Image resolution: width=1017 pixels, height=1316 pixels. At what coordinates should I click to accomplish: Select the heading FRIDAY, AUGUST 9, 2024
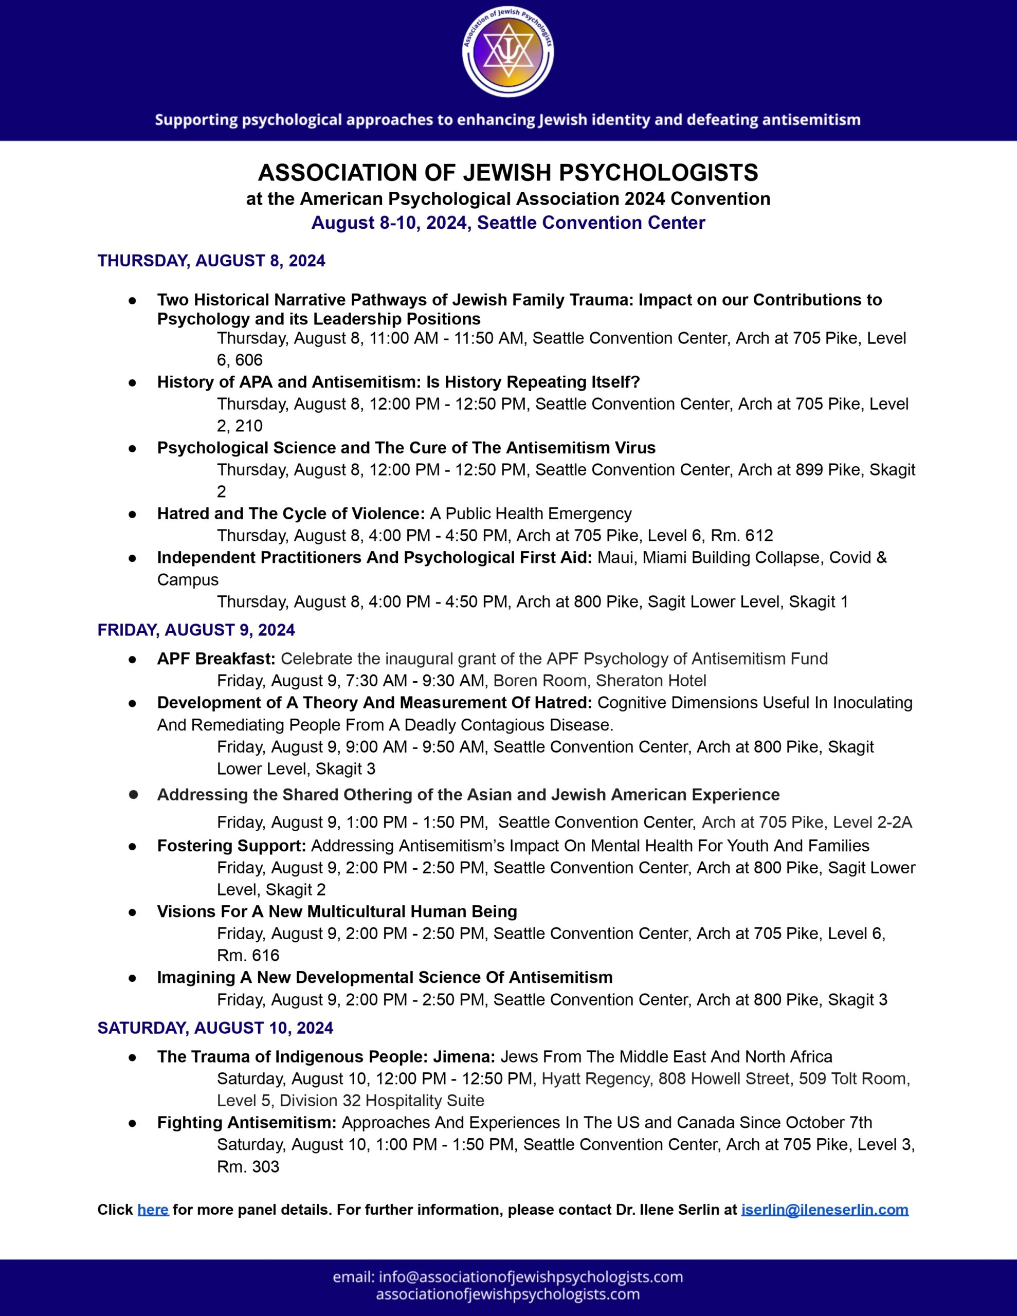[x=196, y=630]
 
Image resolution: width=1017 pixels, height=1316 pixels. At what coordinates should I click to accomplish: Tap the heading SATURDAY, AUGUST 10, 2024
[x=215, y=1028]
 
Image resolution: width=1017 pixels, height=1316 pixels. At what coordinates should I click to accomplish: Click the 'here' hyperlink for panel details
[x=153, y=1210]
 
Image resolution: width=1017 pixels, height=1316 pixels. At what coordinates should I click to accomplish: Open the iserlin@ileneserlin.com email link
[x=824, y=1210]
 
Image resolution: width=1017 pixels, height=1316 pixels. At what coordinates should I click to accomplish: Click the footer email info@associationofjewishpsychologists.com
[x=507, y=1277]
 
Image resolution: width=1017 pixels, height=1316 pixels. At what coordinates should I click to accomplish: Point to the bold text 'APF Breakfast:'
[x=216, y=659]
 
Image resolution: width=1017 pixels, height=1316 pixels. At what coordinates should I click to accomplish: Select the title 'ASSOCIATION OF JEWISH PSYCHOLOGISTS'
[x=507, y=173]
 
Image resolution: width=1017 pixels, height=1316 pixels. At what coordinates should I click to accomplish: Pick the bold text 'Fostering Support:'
[x=231, y=846]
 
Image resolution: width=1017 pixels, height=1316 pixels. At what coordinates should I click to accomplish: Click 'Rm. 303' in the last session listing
[x=248, y=1166]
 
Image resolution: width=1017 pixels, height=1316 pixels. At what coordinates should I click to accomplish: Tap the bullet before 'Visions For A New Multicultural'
[x=132, y=912]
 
